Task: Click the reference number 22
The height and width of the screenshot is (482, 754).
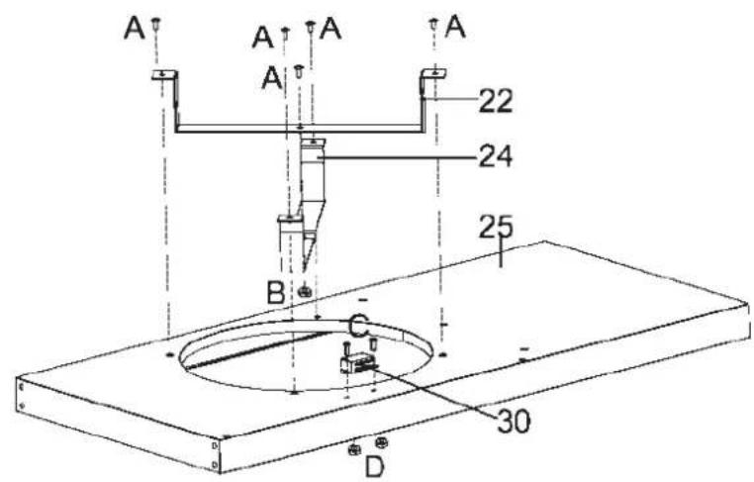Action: point(496,102)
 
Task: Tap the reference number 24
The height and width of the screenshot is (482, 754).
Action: point(496,156)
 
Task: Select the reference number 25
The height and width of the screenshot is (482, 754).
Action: point(496,227)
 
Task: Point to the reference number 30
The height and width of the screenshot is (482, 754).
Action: point(514,422)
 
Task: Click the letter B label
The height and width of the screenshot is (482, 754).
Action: point(275,292)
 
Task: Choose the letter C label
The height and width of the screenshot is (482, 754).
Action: point(359,327)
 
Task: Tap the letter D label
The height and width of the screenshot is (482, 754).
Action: point(375,466)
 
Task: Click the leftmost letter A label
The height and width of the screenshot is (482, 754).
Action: point(135,29)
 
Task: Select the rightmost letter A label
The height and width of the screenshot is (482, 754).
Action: point(455,27)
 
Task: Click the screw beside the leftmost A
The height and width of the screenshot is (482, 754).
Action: point(156,24)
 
